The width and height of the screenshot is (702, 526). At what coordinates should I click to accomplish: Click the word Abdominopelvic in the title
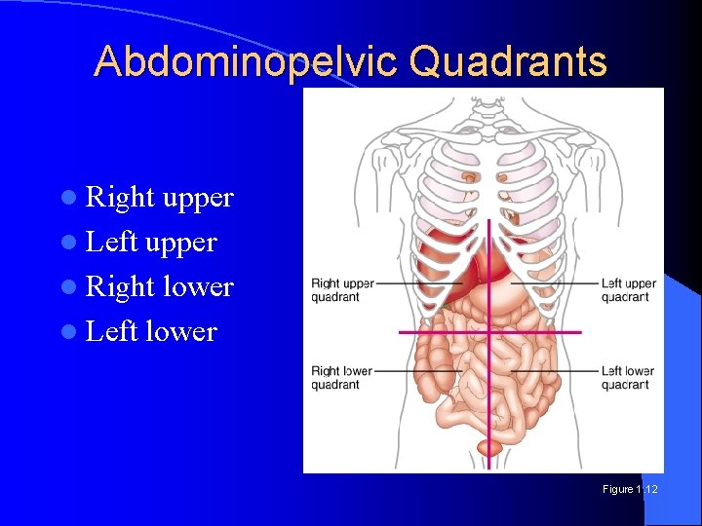click(248, 61)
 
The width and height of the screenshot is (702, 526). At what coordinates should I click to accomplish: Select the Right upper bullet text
click(160, 198)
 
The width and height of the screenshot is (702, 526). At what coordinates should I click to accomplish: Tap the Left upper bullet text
click(151, 243)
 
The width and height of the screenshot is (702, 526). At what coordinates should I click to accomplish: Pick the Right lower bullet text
click(160, 287)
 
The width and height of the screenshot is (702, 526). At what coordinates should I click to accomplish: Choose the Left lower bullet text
click(151, 332)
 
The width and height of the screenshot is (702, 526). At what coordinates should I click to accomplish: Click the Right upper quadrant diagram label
click(341, 290)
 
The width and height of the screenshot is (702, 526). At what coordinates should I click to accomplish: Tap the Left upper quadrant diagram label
click(629, 290)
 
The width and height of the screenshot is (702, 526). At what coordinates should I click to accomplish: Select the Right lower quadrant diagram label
click(341, 378)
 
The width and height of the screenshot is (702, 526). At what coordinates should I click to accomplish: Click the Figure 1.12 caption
click(630, 489)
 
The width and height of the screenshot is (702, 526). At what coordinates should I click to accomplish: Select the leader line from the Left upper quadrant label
click(556, 283)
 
